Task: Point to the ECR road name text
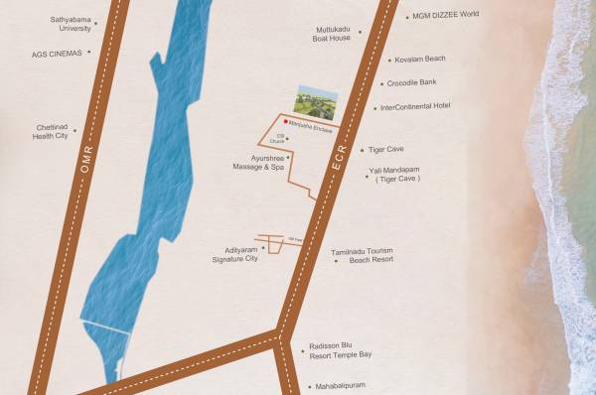pyautogui.click(x=337, y=173)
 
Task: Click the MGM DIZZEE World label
pyautogui.click(x=443, y=15)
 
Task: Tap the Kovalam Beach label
pyautogui.click(x=419, y=59)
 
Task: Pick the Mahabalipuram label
pyautogui.click(x=347, y=386)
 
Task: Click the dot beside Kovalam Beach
pyautogui.click(x=384, y=60)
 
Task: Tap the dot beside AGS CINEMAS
pyautogui.click(x=89, y=53)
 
